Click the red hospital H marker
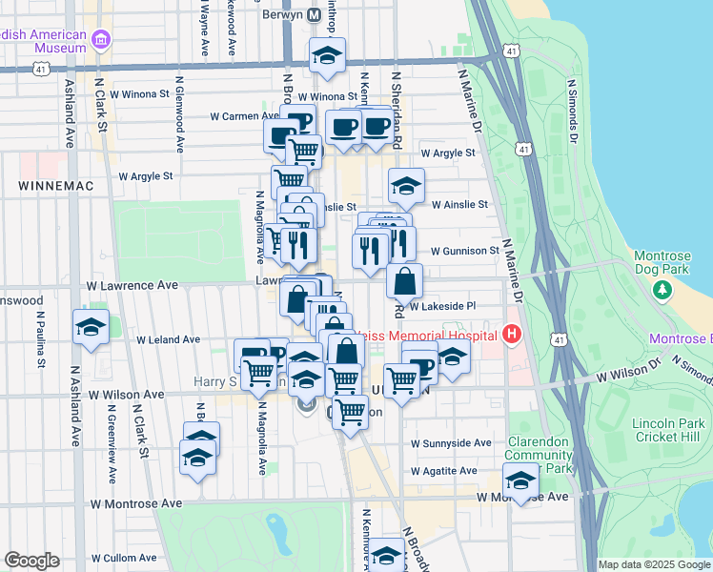(512, 335)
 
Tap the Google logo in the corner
(31, 561)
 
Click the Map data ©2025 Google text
(654, 564)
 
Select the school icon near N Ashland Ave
(92, 327)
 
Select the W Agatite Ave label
(444, 471)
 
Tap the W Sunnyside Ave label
(451, 443)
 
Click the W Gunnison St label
(464, 252)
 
